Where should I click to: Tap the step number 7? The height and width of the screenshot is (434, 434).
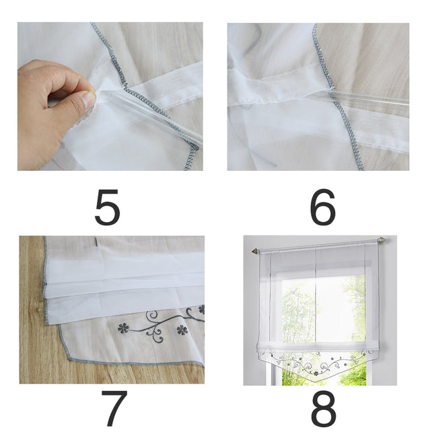[110, 408]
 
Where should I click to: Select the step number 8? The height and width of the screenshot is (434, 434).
[322, 408]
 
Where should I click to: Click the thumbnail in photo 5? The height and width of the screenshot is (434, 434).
[88, 100]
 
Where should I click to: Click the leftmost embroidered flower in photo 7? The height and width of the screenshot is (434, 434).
[123, 328]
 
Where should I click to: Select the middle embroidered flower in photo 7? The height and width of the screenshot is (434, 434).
[181, 330]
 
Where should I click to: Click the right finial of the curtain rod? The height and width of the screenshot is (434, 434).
[382, 240]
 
